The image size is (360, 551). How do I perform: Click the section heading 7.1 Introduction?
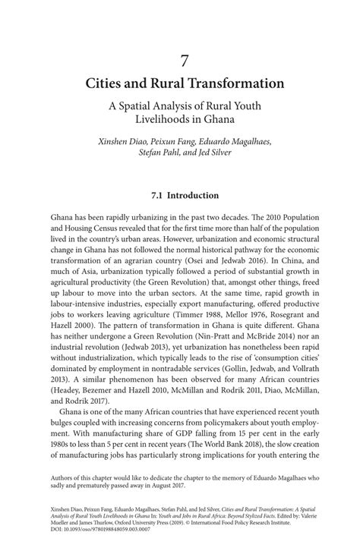pos(180,194)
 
